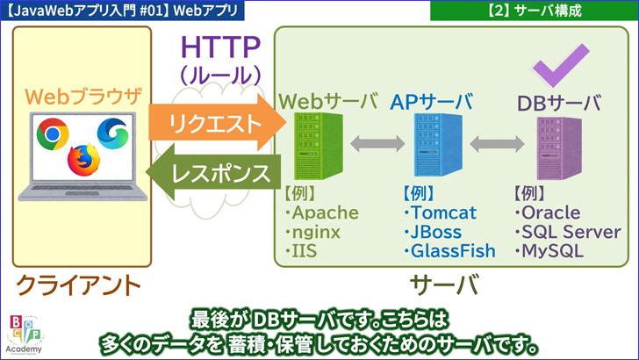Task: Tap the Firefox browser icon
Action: [x=84, y=159]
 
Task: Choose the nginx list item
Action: [x=315, y=233]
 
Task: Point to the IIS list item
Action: [x=305, y=252]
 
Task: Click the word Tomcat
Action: [x=443, y=213]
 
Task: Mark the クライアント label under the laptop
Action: [x=79, y=285]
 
